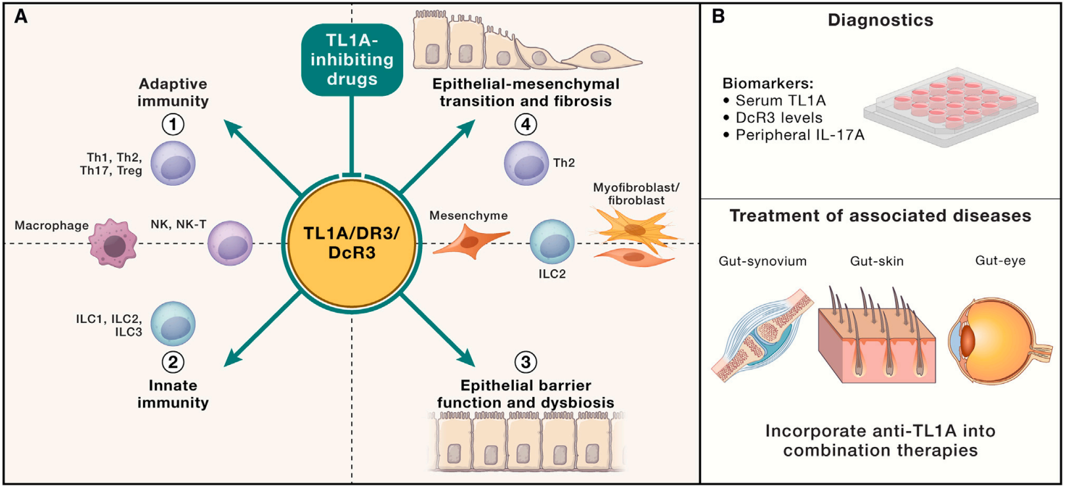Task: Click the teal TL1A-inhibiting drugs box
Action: (352, 60)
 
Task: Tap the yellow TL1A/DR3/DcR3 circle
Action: (352, 243)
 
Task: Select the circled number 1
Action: (173, 124)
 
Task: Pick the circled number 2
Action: (173, 362)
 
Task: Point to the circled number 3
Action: (525, 362)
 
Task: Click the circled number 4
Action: (525, 124)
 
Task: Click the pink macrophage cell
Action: (114, 244)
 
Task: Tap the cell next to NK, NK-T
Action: (230, 243)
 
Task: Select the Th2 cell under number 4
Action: (526, 163)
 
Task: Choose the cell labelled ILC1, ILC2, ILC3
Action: (173, 324)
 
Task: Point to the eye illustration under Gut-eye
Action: (991, 341)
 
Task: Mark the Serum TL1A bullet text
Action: (780, 100)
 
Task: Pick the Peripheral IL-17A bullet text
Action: (799, 135)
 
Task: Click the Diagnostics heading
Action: (880, 20)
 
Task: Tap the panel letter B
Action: (718, 16)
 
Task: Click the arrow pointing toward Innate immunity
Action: (263, 328)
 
